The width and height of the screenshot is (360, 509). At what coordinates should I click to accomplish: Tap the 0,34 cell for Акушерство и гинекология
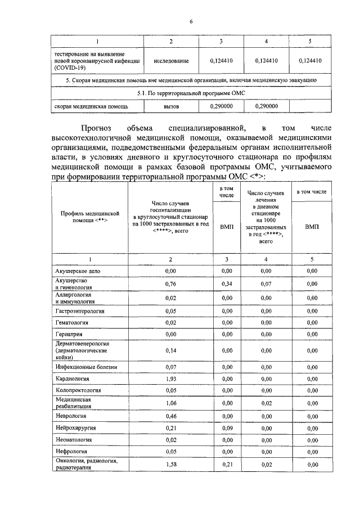coord(227,283)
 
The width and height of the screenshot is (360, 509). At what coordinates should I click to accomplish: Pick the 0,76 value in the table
coord(171,283)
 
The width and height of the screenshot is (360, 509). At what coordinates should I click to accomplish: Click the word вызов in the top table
coord(171,105)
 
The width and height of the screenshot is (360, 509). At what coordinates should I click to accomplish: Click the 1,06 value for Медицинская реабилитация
coord(171,403)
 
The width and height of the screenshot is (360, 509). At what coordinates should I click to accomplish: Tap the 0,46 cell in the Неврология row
coord(171,416)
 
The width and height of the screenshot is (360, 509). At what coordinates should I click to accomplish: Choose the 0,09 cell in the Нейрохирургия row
coord(227,428)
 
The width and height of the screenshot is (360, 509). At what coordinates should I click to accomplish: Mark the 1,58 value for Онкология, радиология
coord(171,464)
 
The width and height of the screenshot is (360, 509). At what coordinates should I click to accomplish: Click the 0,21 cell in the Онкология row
coord(227,464)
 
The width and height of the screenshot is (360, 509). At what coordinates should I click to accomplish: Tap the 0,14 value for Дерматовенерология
coord(171,350)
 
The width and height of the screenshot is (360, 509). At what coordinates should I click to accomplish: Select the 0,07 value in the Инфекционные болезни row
coord(171,367)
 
